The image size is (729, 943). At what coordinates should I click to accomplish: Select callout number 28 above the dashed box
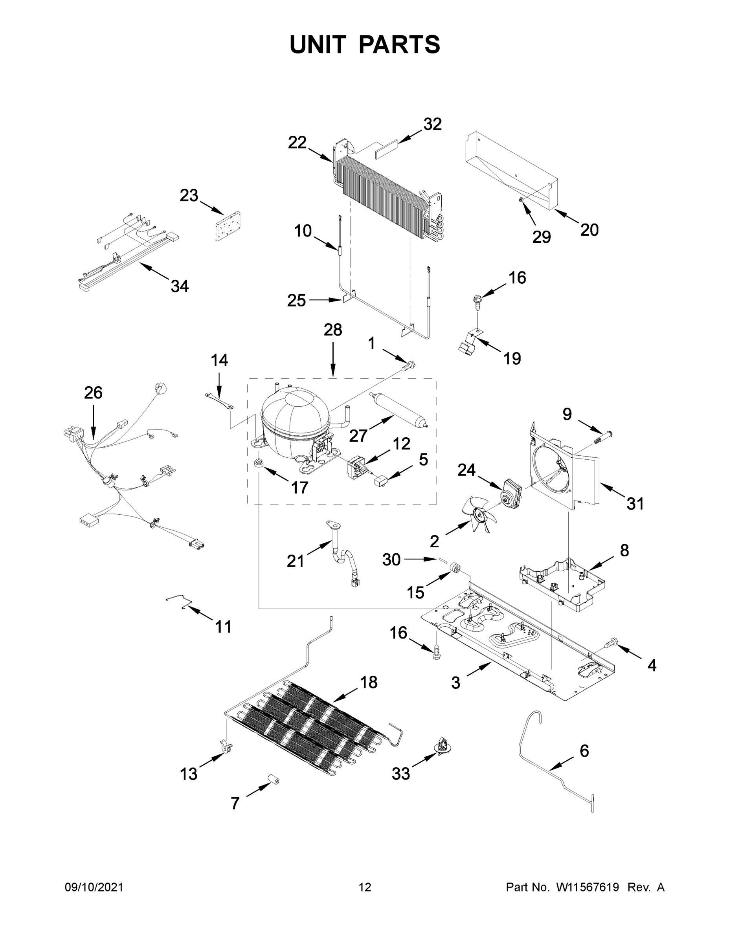point(332,330)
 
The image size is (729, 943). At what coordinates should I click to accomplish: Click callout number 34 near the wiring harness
point(180,286)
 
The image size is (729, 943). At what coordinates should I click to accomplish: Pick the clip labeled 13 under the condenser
point(226,745)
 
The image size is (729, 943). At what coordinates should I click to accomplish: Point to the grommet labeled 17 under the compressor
point(259,463)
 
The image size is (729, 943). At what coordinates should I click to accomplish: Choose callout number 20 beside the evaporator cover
point(589,230)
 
